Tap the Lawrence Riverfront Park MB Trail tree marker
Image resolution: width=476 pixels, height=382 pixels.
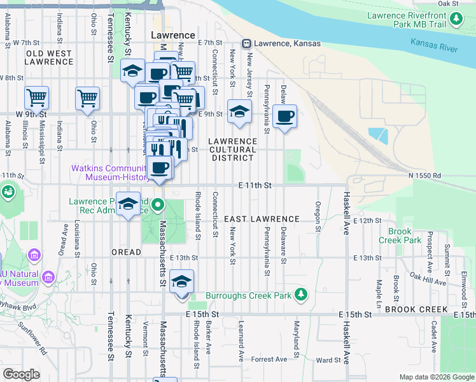click(456, 20)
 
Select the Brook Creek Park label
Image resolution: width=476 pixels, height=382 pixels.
click(400, 236)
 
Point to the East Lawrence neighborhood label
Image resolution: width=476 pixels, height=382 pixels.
click(262, 218)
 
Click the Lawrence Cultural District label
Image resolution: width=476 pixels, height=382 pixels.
click(234, 150)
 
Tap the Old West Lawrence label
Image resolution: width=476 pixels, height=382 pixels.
click(49, 57)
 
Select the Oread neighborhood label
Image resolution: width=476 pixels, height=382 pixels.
click(126, 252)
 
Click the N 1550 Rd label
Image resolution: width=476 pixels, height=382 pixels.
click(424, 175)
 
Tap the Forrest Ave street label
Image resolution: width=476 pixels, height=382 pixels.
click(269, 359)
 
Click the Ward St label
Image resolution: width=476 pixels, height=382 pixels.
click(328, 360)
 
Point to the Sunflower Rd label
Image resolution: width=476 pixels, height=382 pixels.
click(32, 337)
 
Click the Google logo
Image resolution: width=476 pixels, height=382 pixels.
click(21, 374)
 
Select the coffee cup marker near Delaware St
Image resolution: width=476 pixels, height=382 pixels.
click(284, 117)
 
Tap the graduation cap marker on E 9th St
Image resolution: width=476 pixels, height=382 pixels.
click(238, 111)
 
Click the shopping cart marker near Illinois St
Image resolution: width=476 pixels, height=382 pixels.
click(37, 98)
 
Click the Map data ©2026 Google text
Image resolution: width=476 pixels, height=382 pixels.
click(436, 377)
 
